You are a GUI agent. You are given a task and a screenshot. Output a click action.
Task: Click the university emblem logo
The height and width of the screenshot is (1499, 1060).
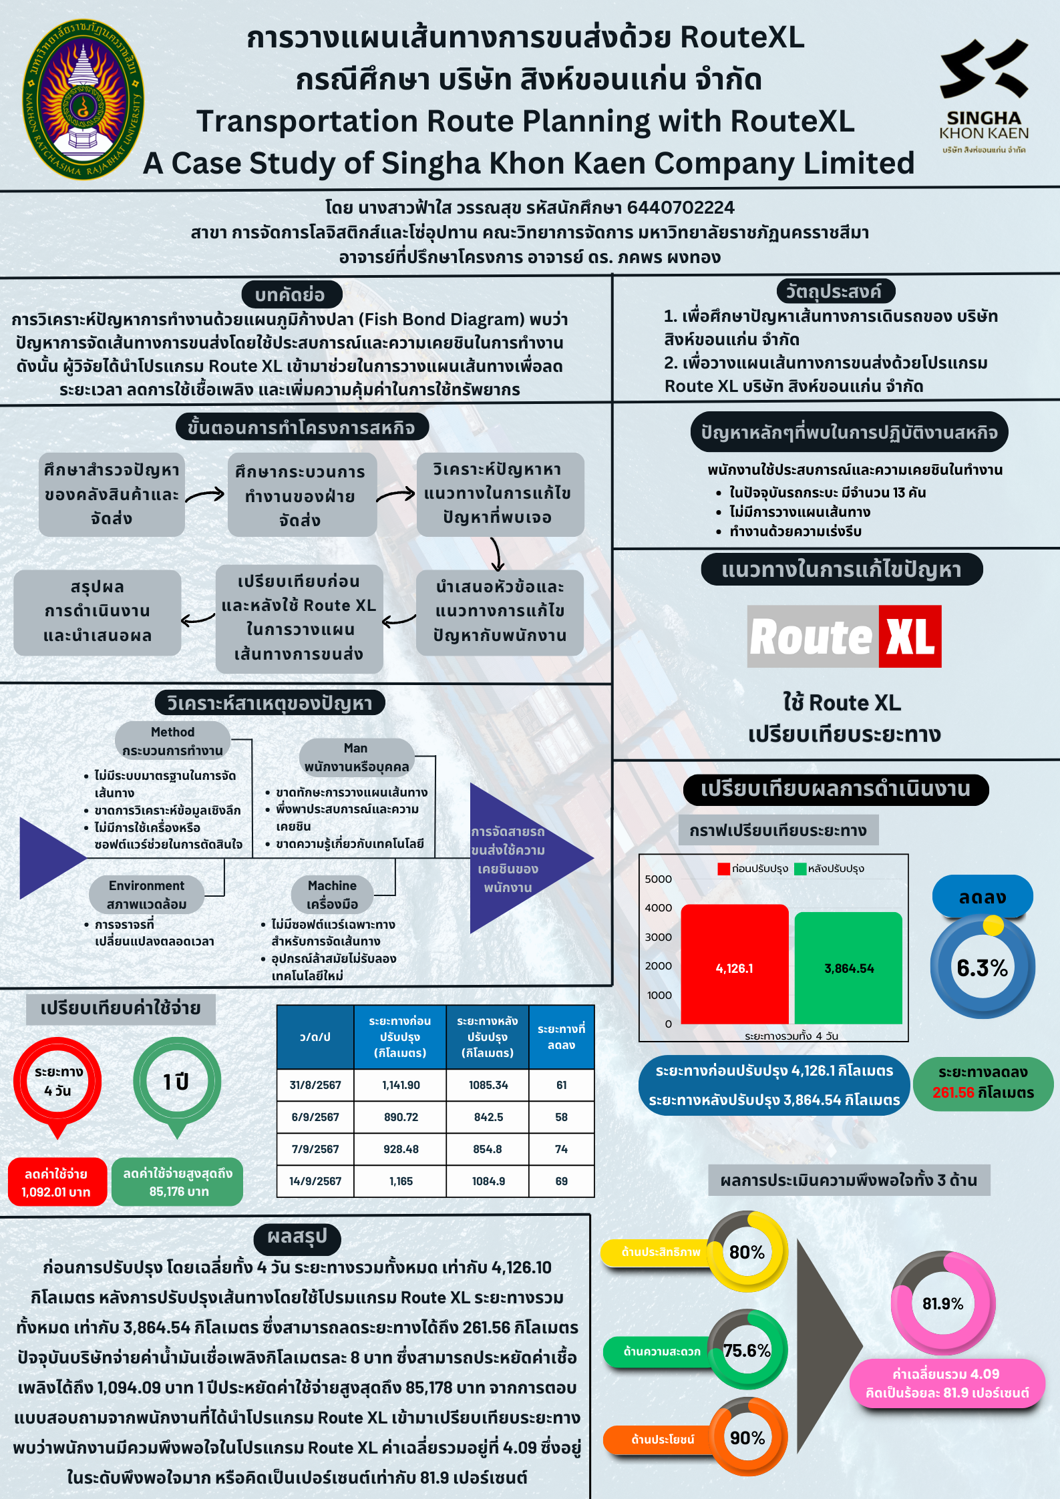tap(83, 99)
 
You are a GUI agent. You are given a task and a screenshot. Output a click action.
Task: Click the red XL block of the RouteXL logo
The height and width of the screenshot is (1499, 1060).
tap(910, 636)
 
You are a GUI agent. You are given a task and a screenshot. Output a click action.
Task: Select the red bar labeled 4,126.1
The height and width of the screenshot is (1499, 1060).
tap(735, 963)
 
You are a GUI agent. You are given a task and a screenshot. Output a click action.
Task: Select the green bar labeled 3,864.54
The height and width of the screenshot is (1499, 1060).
tap(848, 968)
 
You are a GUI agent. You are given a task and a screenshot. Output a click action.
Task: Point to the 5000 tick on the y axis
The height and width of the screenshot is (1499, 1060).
tap(658, 879)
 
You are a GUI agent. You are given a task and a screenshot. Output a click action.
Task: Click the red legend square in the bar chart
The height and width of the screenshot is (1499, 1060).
tap(723, 869)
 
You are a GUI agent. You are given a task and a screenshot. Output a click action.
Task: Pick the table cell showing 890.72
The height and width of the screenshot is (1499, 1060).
tap(400, 1117)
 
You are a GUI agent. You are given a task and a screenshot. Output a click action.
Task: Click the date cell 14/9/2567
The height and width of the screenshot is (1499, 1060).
tap(315, 1181)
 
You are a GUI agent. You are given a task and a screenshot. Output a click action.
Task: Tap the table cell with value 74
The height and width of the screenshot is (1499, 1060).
tap(561, 1149)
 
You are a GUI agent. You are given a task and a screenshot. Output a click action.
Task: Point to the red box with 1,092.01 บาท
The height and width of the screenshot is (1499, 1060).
tap(57, 1182)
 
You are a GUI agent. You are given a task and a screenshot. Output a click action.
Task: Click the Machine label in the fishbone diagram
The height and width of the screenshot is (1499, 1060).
tap(332, 894)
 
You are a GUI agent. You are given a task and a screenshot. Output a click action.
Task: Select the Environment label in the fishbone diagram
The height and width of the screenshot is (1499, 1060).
tap(146, 894)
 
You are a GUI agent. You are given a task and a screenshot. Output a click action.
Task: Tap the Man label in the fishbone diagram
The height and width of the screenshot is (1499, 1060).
tap(357, 757)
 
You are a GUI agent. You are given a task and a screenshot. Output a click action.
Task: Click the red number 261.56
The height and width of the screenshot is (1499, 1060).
tap(954, 1092)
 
